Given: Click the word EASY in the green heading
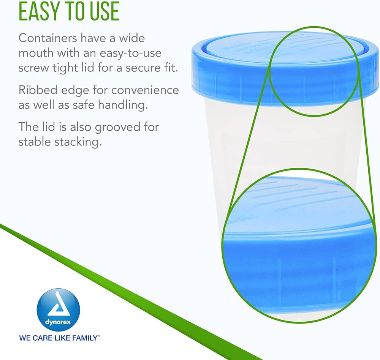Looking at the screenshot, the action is (x=39, y=11).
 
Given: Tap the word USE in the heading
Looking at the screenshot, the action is (x=105, y=11).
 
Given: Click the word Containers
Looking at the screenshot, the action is (x=48, y=38).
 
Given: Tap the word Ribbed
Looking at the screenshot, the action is (x=38, y=90).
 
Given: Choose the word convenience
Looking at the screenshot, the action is (x=145, y=90).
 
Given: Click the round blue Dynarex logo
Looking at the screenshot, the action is (x=59, y=310).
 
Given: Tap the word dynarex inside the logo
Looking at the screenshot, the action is (x=58, y=322).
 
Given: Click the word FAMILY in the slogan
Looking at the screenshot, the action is (x=85, y=338).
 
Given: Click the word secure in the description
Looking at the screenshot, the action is (x=142, y=68).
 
